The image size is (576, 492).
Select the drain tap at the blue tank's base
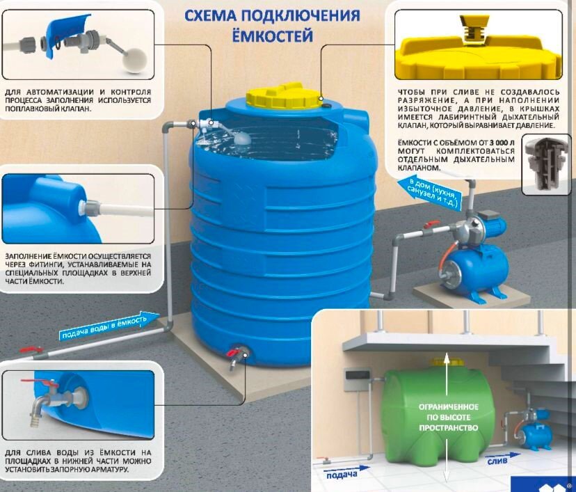[x=236, y=356]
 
